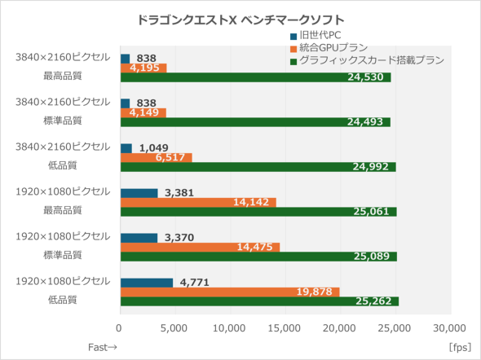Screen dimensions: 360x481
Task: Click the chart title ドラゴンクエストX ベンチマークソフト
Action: (x=240, y=18)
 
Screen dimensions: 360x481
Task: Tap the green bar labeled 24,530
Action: (x=255, y=78)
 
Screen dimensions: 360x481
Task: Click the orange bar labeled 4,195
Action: (x=143, y=68)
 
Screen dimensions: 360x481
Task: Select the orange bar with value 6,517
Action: (x=156, y=157)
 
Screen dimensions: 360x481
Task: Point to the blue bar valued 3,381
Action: (x=139, y=193)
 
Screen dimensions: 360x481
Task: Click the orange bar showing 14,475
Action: (x=200, y=247)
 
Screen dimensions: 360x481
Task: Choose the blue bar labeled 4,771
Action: (x=147, y=283)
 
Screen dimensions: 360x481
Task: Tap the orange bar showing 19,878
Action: (x=229, y=292)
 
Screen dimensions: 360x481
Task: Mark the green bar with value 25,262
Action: (x=259, y=301)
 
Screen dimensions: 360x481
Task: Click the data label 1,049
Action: (x=154, y=148)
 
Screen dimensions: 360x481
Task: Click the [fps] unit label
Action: (x=460, y=347)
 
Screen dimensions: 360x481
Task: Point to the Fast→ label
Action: (x=103, y=347)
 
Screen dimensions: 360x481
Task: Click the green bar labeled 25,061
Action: (x=258, y=212)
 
